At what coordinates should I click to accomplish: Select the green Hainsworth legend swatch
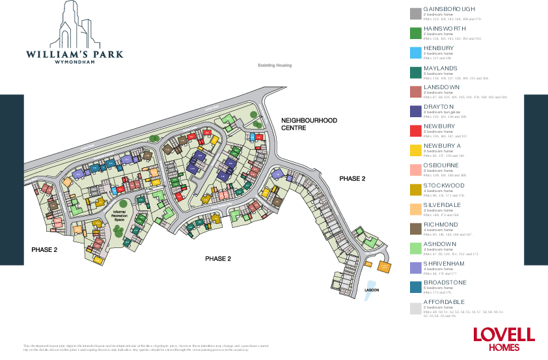415,34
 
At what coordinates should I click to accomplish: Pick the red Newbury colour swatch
415,131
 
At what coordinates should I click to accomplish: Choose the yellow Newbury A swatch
415,150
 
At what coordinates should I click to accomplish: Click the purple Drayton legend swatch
415,111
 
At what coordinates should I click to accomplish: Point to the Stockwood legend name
446,186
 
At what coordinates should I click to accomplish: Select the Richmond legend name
441,225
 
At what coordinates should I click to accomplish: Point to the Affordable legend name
445,303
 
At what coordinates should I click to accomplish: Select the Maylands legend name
441,68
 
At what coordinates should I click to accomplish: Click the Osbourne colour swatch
415,170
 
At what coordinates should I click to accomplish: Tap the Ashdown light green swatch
415,248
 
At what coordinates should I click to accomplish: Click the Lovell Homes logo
503,339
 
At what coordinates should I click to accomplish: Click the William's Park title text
74,55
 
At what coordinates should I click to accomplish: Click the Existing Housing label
274,66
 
